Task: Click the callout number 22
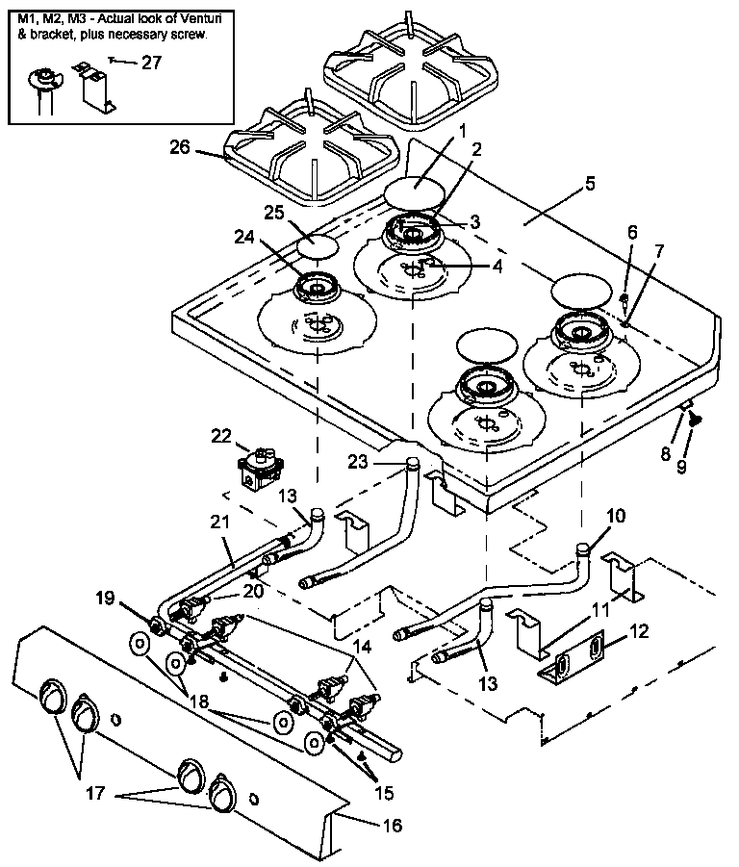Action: point(222,436)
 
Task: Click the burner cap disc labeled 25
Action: point(319,244)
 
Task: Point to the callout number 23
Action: point(358,461)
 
